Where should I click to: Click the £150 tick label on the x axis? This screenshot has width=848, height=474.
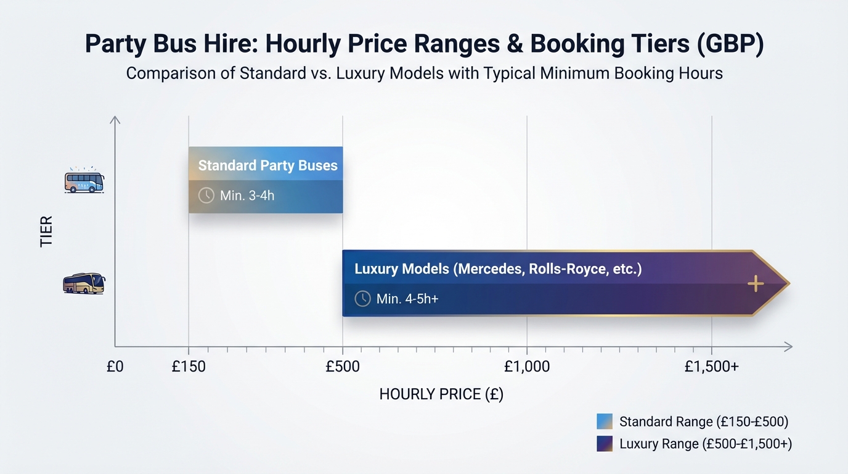click(x=189, y=367)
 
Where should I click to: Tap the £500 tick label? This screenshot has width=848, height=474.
click(x=343, y=367)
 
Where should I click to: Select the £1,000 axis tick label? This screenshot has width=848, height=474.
click(x=527, y=367)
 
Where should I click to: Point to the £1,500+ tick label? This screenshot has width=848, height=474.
click(x=712, y=367)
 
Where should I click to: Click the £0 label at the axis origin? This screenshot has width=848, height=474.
click(x=115, y=367)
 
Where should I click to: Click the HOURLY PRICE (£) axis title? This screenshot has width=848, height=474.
click(x=441, y=394)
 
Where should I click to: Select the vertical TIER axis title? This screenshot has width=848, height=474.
click(x=46, y=231)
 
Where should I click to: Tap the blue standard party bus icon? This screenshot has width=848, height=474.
click(x=84, y=181)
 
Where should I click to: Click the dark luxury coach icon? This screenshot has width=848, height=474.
click(x=84, y=283)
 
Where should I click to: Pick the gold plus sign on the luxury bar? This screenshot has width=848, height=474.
click(x=756, y=284)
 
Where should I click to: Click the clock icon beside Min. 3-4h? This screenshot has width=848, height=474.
click(x=206, y=196)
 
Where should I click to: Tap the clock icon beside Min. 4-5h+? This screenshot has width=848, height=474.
click(x=362, y=299)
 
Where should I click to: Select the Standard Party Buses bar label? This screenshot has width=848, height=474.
click(x=267, y=165)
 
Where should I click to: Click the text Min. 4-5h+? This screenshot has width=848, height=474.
click(x=407, y=299)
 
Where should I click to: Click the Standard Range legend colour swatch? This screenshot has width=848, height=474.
click(x=605, y=422)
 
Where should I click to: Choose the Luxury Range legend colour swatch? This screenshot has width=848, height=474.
click(x=605, y=444)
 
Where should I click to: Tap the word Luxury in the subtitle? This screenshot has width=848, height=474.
click(x=356, y=73)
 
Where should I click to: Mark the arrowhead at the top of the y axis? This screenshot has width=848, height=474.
click(x=115, y=119)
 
